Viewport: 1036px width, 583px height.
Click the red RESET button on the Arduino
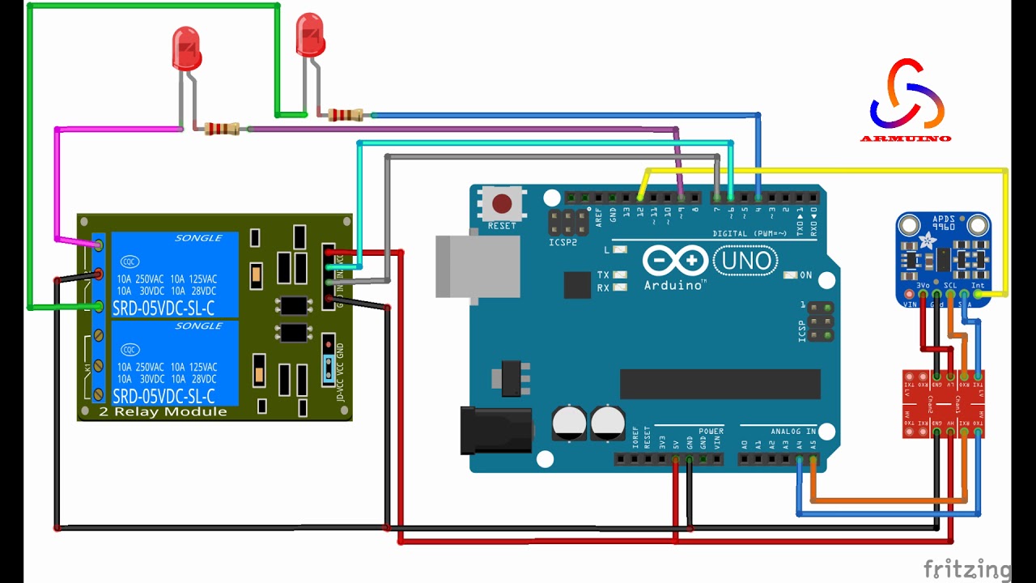click(x=502, y=203)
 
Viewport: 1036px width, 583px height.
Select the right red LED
click(x=310, y=35)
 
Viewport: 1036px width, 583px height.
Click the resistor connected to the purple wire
click(x=221, y=129)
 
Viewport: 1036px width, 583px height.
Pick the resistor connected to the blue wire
click(x=346, y=115)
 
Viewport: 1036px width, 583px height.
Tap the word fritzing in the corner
click(x=967, y=569)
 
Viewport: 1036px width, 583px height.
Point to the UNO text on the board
click(x=745, y=261)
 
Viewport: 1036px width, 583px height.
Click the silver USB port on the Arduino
click(x=477, y=266)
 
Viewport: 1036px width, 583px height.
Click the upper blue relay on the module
click(x=174, y=274)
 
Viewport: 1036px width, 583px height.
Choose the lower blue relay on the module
click(x=174, y=363)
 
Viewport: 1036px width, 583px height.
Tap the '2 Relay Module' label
click(x=163, y=412)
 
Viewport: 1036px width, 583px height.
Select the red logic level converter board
click(x=943, y=402)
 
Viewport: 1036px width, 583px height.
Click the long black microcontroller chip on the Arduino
click(x=720, y=384)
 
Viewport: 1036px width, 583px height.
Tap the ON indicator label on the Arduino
click(x=805, y=275)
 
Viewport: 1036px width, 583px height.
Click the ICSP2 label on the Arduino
click(x=563, y=242)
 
